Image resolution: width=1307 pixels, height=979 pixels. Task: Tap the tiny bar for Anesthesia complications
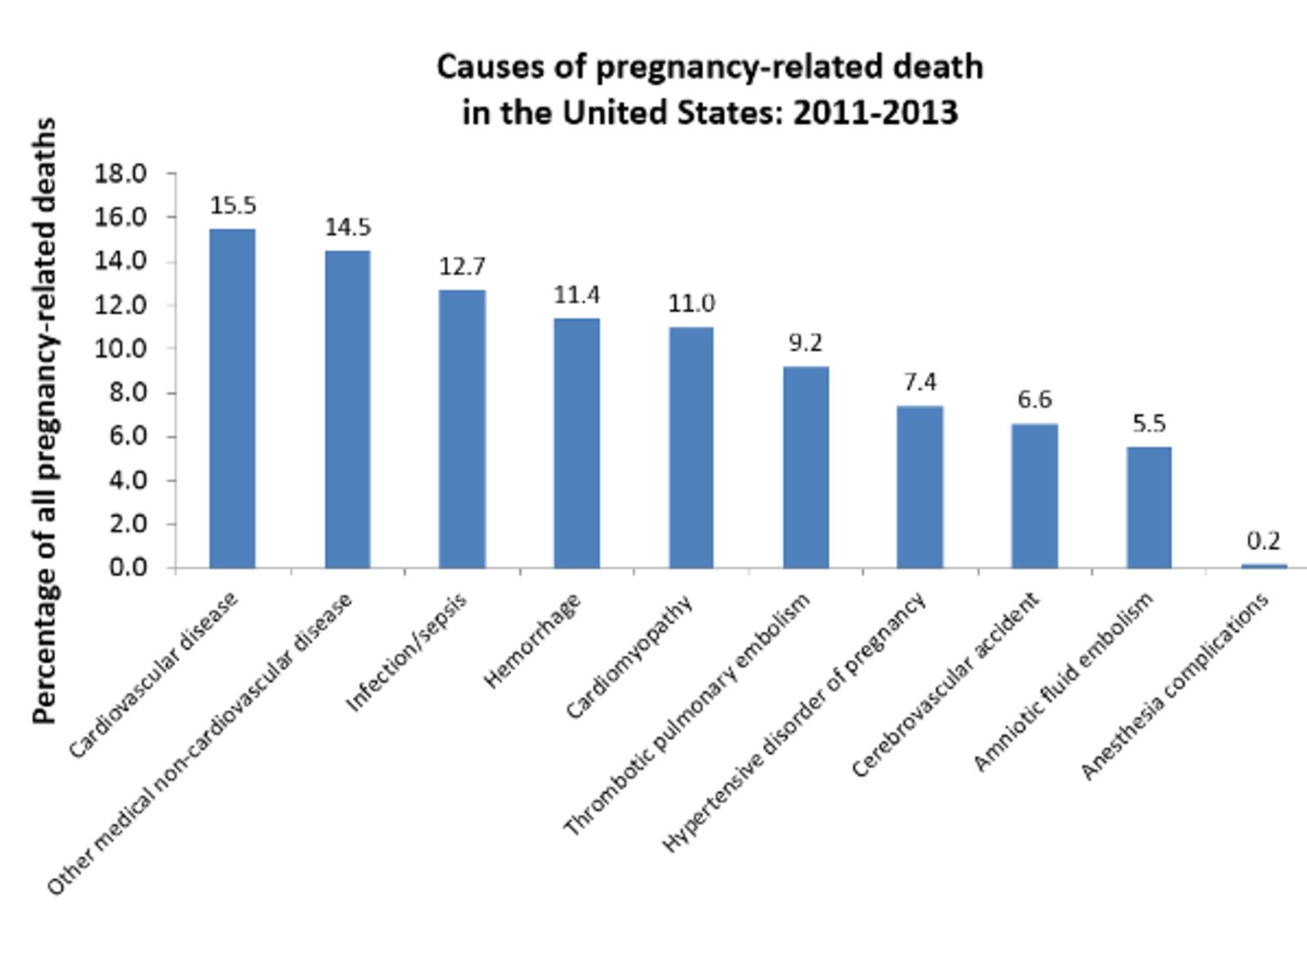click(1264, 565)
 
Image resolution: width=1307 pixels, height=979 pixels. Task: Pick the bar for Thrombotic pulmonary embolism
click(805, 467)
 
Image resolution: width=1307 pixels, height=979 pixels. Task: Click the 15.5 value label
click(233, 206)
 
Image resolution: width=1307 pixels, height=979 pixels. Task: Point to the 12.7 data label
click(462, 266)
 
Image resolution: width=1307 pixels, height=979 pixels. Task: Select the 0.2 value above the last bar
click(1264, 541)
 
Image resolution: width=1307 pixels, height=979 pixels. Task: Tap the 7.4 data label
click(920, 382)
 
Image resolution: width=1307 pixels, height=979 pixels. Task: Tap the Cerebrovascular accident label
click(945, 683)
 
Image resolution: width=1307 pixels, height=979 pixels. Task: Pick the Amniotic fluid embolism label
click(1064, 681)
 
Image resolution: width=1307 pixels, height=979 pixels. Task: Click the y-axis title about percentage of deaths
click(45, 421)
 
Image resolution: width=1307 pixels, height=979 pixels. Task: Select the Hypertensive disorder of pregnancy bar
click(920, 487)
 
